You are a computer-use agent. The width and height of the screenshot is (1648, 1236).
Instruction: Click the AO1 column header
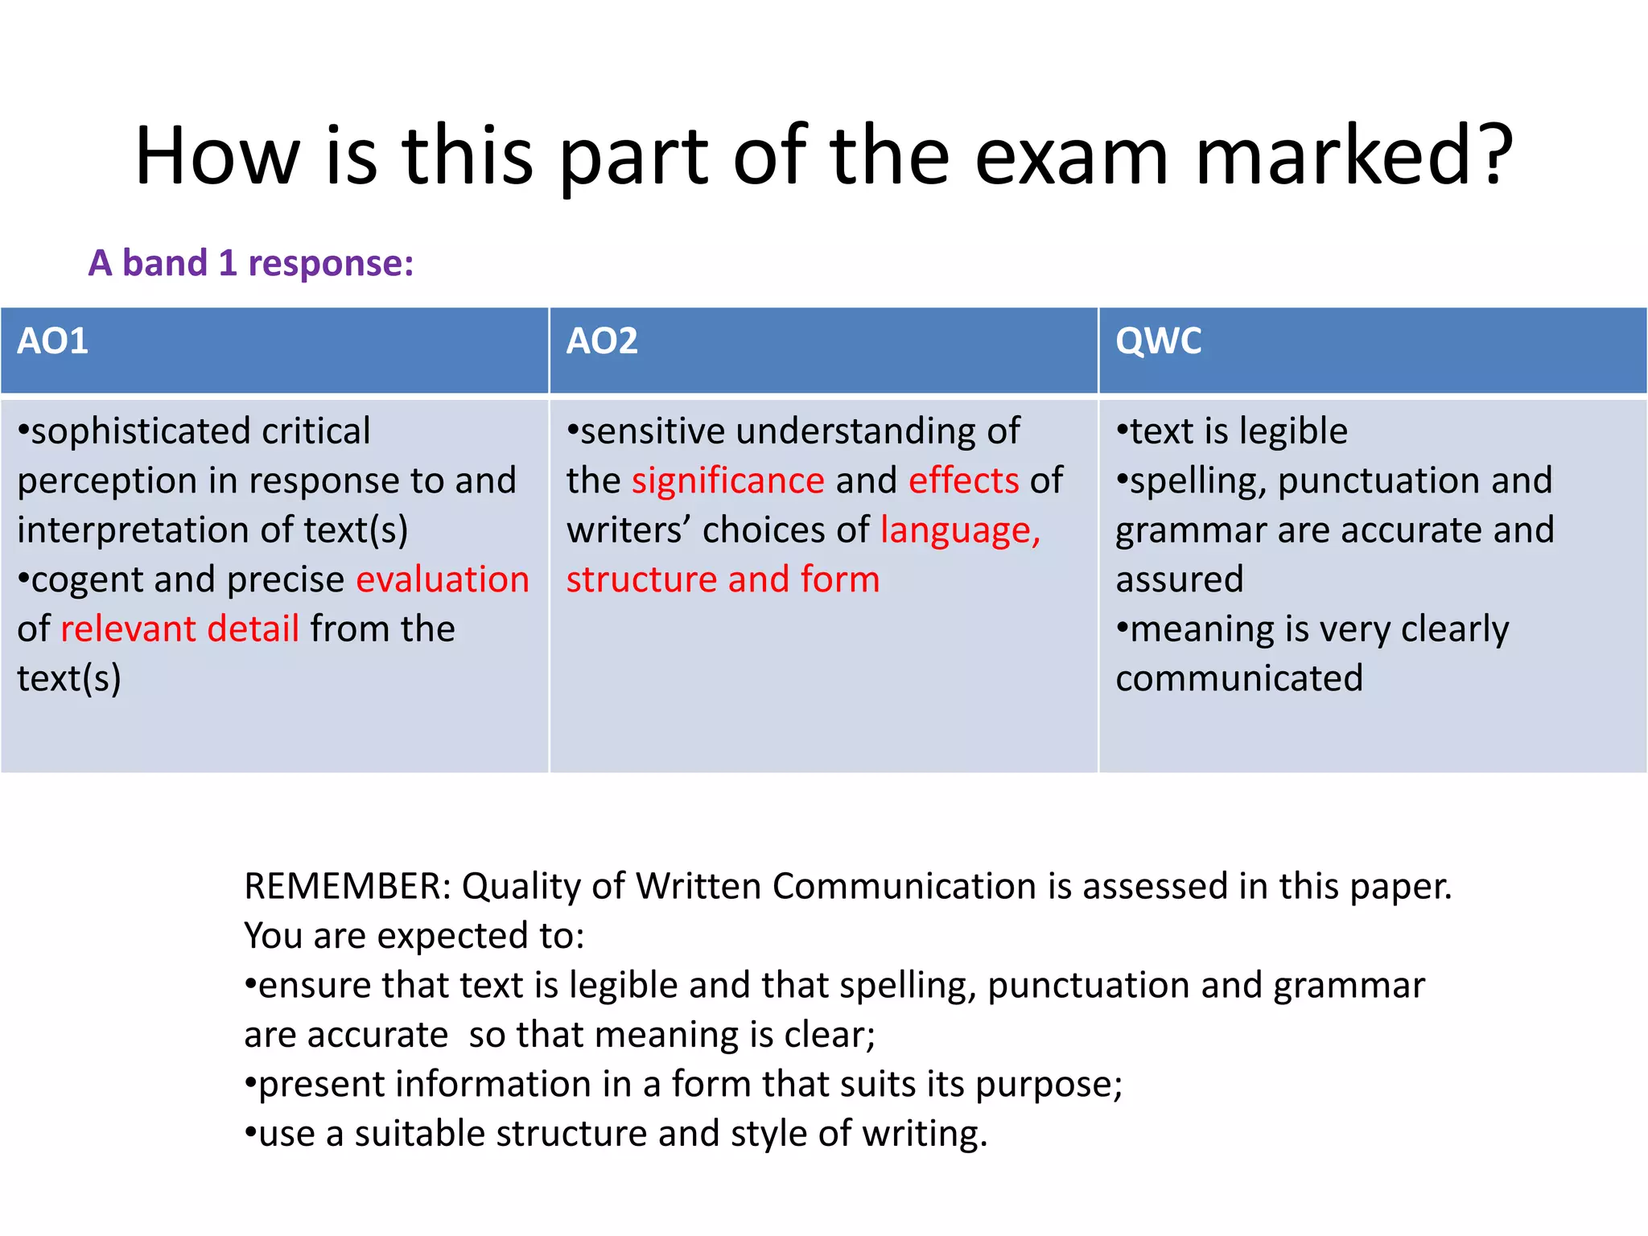click(x=53, y=341)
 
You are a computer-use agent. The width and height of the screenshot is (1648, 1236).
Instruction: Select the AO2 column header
click(x=602, y=341)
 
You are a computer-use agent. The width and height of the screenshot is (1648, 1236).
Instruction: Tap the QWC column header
click(x=1158, y=341)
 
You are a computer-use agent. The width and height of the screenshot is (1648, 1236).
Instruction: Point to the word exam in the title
click(x=1072, y=154)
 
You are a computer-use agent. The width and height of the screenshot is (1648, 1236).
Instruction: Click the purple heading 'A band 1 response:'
click(x=251, y=263)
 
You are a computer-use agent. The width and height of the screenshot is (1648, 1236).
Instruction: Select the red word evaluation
click(x=443, y=579)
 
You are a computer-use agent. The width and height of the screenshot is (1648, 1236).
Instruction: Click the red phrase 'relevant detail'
click(x=180, y=628)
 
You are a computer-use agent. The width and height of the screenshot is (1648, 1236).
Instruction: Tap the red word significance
click(x=728, y=480)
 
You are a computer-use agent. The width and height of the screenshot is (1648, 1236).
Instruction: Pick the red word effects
click(x=964, y=480)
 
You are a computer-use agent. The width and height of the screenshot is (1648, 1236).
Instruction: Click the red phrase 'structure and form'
click(x=723, y=579)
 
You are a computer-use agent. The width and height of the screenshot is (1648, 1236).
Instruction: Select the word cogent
click(x=87, y=579)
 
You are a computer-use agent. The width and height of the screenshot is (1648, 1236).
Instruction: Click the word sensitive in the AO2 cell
click(x=653, y=431)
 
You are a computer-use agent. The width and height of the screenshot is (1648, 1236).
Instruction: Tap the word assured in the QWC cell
click(x=1180, y=579)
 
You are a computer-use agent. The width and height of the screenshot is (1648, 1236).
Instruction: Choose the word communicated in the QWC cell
click(x=1239, y=678)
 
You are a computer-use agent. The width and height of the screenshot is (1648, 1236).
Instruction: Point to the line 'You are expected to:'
click(x=414, y=936)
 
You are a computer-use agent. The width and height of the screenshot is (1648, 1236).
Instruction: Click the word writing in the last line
click(x=924, y=1134)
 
